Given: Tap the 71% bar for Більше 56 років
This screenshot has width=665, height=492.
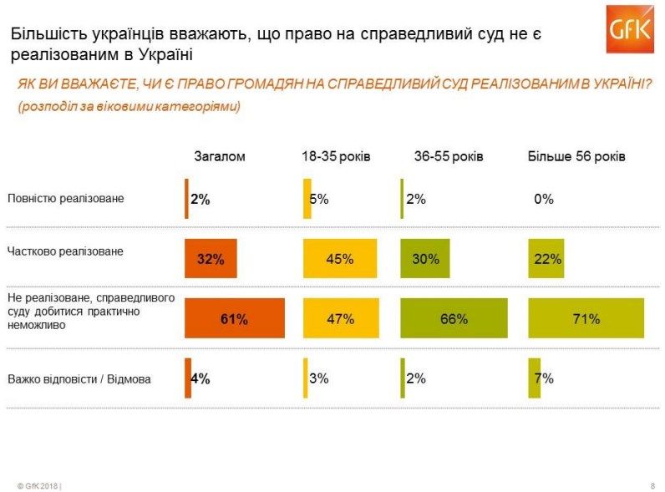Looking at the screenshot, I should (586, 318).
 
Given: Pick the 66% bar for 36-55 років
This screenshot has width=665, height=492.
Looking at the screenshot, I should (454, 318).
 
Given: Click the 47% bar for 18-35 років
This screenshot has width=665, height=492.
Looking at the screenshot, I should (344, 318).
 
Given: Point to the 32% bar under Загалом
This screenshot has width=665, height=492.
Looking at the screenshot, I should (211, 258).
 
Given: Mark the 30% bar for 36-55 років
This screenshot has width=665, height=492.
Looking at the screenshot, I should (425, 258).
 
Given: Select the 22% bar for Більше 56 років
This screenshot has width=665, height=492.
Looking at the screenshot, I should (545, 258).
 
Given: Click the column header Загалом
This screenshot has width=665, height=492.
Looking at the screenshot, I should (219, 156).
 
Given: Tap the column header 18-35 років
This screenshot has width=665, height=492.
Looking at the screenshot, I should (336, 156).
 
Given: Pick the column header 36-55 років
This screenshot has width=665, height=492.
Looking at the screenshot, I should (449, 156).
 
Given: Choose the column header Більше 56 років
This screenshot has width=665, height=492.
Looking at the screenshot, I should (576, 156).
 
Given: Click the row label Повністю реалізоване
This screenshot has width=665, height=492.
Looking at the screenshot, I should (65, 199).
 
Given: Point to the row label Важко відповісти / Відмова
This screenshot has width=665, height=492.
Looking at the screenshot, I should (79, 379).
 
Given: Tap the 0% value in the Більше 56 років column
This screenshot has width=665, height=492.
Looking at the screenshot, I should (544, 199).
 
